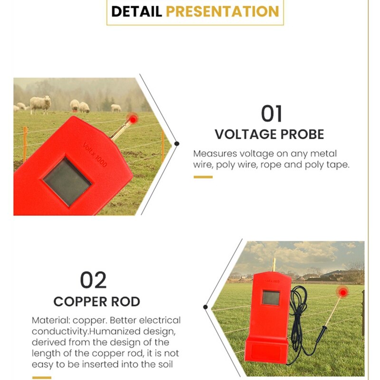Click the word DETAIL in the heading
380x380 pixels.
(x=136, y=11)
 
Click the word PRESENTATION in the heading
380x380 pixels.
(x=222, y=11)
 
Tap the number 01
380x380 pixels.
(x=271, y=114)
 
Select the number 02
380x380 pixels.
(x=94, y=280)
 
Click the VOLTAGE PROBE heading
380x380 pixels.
(x=269, y=134)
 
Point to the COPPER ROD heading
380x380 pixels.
(x=96, y=301)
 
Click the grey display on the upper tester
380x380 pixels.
(x=67, y=182)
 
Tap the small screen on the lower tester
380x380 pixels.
(x=271, y=298)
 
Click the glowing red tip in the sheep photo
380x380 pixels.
(x=133, y=117)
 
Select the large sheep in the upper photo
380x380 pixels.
(x=41, y=103)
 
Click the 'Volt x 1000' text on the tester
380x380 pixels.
(x=95, y=154)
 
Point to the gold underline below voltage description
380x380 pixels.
(x=203, y=177)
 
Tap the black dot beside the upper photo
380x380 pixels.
(x=177, y=143)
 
